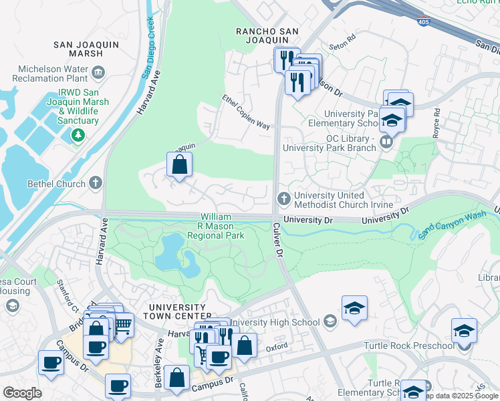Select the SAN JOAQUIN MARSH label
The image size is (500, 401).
click(x=79, y=49)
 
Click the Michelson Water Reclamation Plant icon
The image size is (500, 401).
click(x=98, y=72)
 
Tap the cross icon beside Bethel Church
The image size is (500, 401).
click(x=96, y=183)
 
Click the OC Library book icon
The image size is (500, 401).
click(x=386, y=142)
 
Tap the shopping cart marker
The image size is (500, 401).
click(x=121, y=325)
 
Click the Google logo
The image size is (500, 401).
click(x=22, y=393)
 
